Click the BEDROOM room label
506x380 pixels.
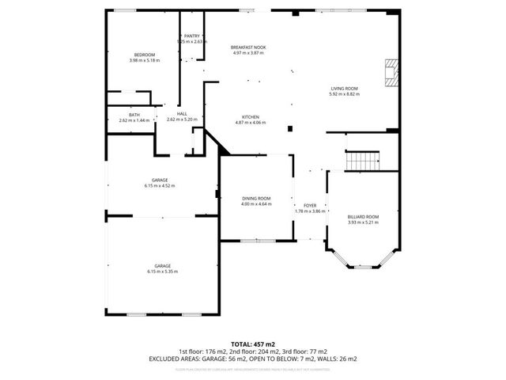[x=145, y=55]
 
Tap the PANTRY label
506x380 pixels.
[x=191, y=36]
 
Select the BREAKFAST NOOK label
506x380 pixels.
[x=248, y=47]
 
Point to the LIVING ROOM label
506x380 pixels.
[x=344, y=88]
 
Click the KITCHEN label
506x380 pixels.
[x=251, y=116]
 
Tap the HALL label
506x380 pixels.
[x=182, y=114]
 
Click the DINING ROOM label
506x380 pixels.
[x=256, y=198]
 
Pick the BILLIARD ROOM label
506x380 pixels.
[x=363, y=216]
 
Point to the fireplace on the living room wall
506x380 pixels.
[x=390, y=72]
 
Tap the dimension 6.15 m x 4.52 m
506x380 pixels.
[x=160, y=186]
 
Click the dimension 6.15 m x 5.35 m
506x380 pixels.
[x=162, y=272]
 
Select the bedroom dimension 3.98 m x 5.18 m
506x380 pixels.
[x=145, y=60]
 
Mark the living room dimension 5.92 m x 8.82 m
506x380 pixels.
[x=344, y=93]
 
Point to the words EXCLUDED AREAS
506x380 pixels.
[x=173, y=358]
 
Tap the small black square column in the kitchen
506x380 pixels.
[x=290, y=128]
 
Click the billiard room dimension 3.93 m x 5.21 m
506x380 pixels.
[x=363, y=222]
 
